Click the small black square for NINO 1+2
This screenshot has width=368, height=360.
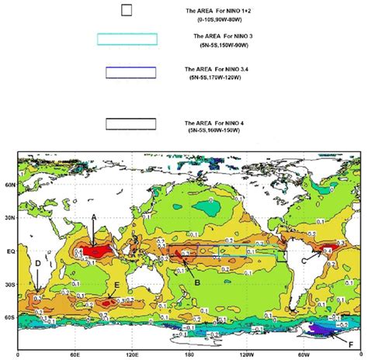pyautogui.click(x=127, y=10)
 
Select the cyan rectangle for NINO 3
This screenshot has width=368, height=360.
pyautogui.click(x=127, y=39)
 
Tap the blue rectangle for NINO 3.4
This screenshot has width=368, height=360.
pyautogui.click(x=131, y=72)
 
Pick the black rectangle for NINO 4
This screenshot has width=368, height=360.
pyautogui.click(x=131, y=123)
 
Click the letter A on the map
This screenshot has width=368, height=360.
pyautogui.click(x=94, y=218)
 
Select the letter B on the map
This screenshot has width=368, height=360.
pyautogui.click(x=197, y=283)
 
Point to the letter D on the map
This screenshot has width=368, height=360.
pyautogui.click(x=38, y=264)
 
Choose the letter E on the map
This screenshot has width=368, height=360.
pyautogui.click(x=116, y=286)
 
